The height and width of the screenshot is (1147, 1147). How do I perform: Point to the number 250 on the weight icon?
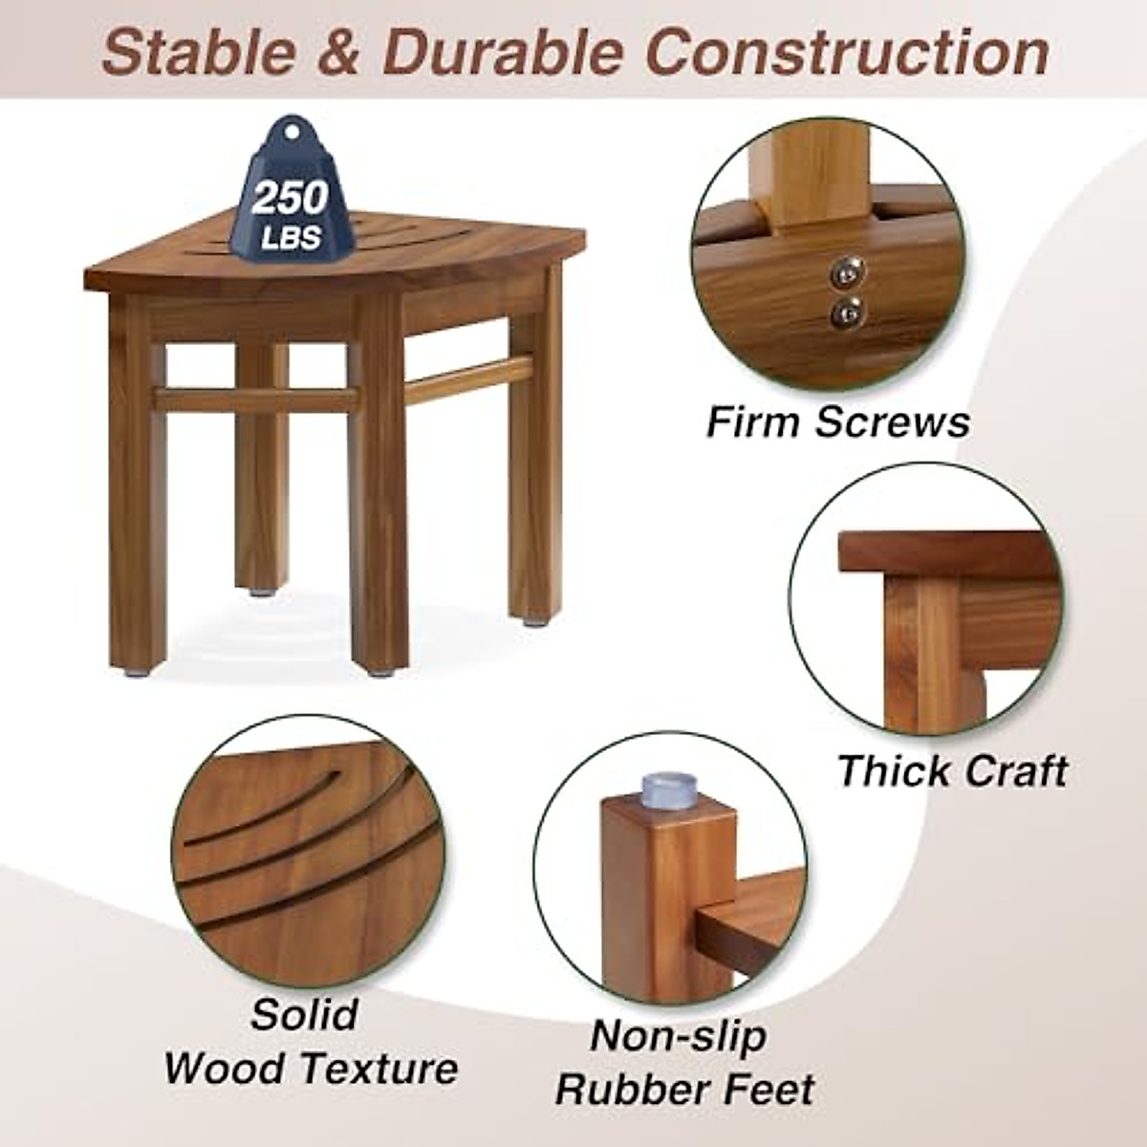[x=290, y=198]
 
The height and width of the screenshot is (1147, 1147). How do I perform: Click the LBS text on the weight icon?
[x=291, y=236]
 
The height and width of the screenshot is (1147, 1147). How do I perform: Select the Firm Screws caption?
[x=837, y=422]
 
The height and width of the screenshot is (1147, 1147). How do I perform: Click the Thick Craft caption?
[x=952, y=770]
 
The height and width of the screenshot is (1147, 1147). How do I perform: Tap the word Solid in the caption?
[x=305, y=1014]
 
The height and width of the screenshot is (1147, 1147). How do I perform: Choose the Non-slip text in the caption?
[x=679, y=1036]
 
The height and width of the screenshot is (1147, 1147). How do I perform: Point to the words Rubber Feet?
[x=685, y=1090]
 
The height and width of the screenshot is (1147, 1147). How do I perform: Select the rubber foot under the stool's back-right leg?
[x=529, y=622]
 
